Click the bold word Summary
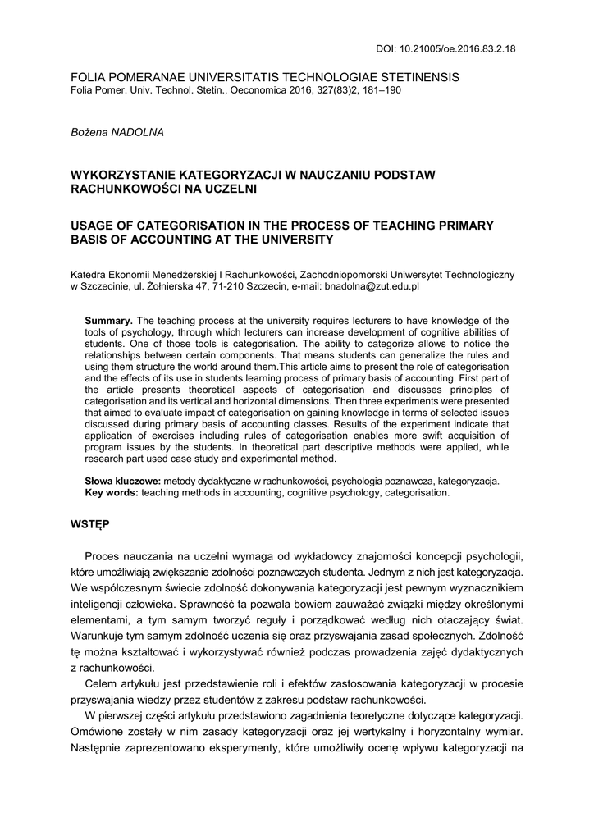pyautogui.click(x=109, y=320)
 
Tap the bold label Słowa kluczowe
pyautogui.click(x=123, y=481)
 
